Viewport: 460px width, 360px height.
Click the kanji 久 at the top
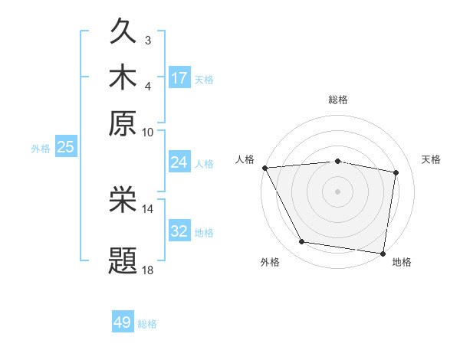click(123, 33)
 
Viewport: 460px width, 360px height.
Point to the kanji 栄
click(123, 201)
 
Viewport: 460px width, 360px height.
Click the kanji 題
click(123, 260)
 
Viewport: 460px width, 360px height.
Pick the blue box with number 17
click(179, 78)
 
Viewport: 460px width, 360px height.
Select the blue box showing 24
click(179, 162)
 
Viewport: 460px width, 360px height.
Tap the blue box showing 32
click(179, 231)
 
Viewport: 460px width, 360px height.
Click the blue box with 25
click(65, 148)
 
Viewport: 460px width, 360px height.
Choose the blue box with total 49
click(123, 322)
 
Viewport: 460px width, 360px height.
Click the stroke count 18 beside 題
click(148, 270)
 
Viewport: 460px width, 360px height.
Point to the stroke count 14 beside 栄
click(148, 208)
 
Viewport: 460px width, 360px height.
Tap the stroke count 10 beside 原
click(148, 132)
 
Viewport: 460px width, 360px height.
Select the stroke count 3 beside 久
click(147, 40)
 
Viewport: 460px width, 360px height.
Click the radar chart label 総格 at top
click(338, 100)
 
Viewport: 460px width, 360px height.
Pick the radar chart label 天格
click(431, 159)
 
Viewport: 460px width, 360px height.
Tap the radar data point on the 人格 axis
click(264, 167)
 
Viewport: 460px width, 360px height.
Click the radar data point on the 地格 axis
click(383, 253)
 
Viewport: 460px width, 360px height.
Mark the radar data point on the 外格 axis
click(302, 242)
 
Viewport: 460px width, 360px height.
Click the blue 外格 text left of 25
click(40, 149)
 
